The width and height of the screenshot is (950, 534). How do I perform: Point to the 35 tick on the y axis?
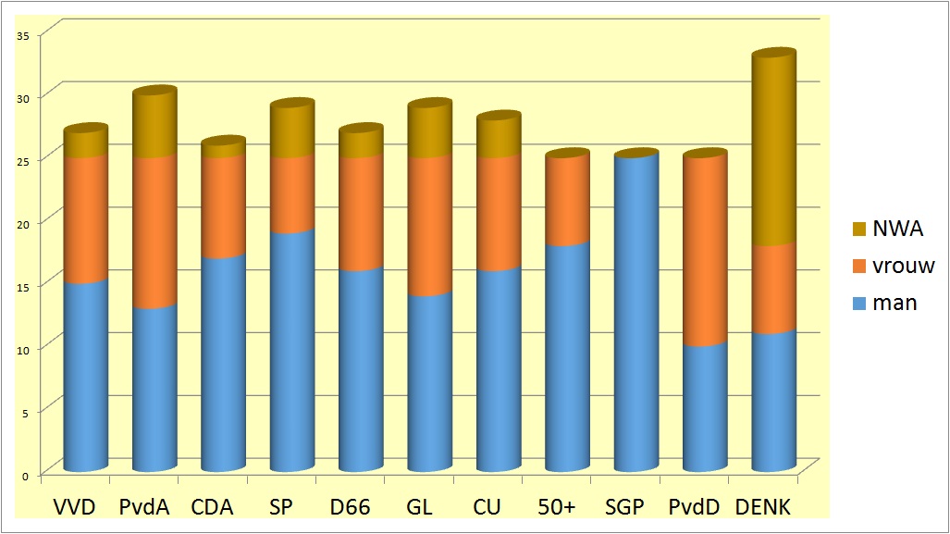pyautogui.click(x=25, y=34)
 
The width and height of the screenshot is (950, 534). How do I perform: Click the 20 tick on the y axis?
pyautogui.click(x=25, y=223)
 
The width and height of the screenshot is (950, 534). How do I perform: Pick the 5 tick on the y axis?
pyautogui.click(x=28, y=412)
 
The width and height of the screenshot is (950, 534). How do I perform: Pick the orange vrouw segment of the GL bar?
pyautogui.click(x=429, y=227)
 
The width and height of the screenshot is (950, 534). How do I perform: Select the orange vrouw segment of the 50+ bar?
pyautogui.click(x=568, y=202)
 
